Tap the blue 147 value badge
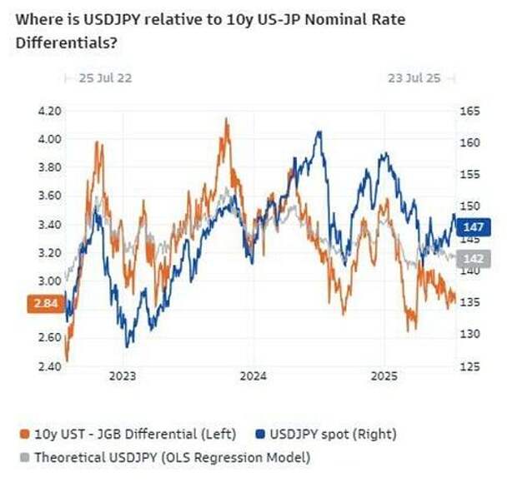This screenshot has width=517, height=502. tap(473, 226)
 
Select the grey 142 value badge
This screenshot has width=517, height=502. tap(473, 258)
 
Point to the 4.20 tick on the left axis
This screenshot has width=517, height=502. tap(51, 111)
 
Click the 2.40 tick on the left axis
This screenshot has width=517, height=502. tap(51, 366)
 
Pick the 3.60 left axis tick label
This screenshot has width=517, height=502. tap(51, 196)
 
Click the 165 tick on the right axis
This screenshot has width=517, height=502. tap(470, 111)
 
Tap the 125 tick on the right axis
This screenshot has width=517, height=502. tap(470, 366)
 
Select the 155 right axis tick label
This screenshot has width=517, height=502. tap(470, 175)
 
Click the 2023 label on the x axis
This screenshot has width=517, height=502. tap(123, 376)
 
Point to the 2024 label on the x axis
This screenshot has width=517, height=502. tap(253, 376)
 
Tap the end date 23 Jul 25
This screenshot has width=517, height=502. tap(414, 78)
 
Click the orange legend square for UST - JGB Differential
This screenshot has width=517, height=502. tap(24, 434)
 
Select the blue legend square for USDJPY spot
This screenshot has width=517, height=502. tap(260, 434)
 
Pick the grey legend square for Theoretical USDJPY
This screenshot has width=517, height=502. tap(24, 457)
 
